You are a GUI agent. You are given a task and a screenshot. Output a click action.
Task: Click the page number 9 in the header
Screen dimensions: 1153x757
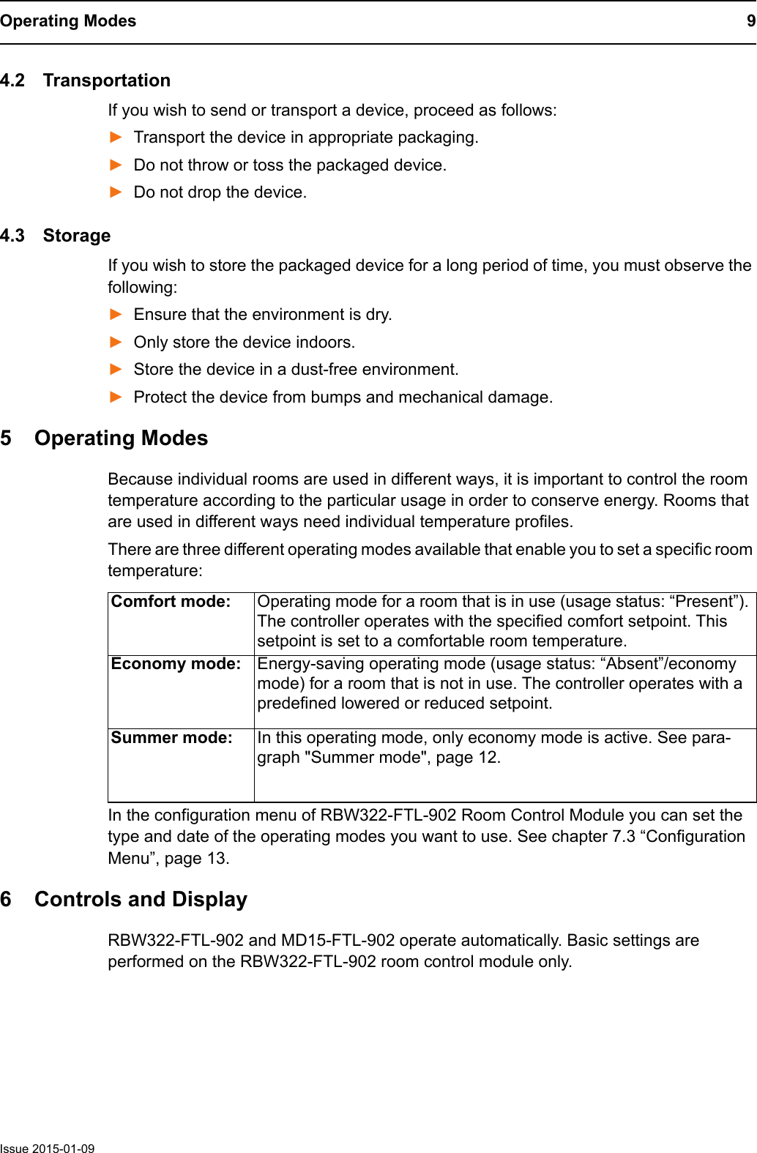click(x=750, y=21)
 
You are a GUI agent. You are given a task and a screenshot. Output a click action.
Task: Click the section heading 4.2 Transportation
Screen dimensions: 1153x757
click(x=86, y=81)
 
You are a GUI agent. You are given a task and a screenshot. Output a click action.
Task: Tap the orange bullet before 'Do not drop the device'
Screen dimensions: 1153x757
click(x=116, y=192)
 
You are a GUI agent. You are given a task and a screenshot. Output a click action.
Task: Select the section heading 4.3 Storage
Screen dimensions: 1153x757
click(x=56, y=236)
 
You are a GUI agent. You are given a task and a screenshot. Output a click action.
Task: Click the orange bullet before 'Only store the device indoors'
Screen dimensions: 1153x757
click(x=116, y=342)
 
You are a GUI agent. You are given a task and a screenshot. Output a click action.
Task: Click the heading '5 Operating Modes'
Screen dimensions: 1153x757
click(x=105, y=439)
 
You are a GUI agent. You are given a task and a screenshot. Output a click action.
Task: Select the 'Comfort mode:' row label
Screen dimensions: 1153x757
click(x=171, y=602)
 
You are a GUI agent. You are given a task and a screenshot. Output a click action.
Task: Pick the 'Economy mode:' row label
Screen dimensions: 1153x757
click(x=176, y=664)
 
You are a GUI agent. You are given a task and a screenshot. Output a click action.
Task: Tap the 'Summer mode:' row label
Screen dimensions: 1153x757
click(x=171, y=738)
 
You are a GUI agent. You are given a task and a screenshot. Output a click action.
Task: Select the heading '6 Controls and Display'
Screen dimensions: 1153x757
click(x=124, y=900)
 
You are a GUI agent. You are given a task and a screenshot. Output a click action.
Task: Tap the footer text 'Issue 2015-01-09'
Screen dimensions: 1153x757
click(x=48, y=1149)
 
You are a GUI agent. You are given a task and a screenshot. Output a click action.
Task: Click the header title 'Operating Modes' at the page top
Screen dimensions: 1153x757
click(x=68, y=21)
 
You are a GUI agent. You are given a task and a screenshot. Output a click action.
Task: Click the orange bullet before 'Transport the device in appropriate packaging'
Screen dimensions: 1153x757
click(x=116, y=137)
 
